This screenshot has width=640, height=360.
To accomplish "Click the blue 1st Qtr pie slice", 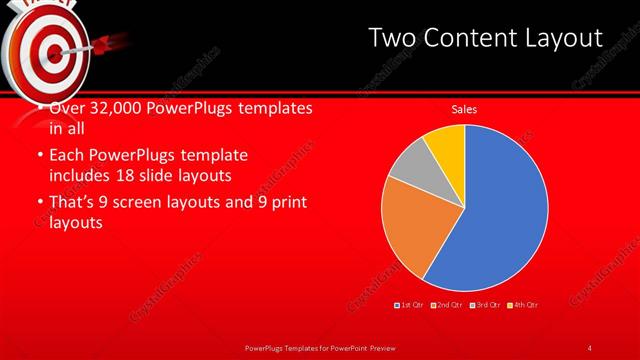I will pos(500,210).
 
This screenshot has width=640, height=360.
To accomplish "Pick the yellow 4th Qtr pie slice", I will pos(445,145).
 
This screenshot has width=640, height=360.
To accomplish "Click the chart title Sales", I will pos(464,108).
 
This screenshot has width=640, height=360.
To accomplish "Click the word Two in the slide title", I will pos(391,38).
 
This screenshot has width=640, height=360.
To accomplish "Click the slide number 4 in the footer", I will pos(590,347).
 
